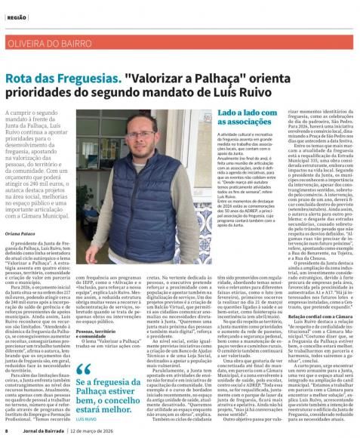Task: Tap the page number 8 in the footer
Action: (x=6, y=431)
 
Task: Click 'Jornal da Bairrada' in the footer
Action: (x=42, y=431)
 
